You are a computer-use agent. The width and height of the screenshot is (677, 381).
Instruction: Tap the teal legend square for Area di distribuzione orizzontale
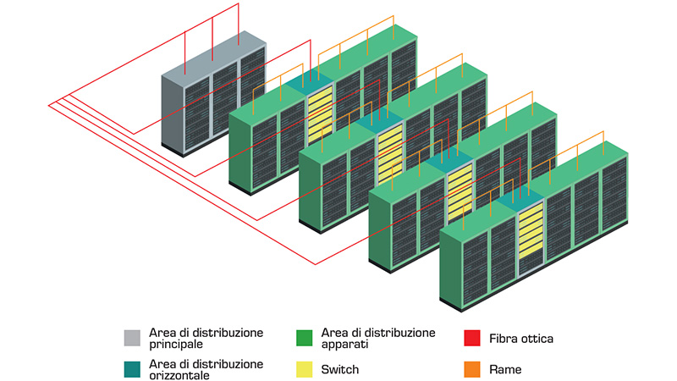(x=132, y=369)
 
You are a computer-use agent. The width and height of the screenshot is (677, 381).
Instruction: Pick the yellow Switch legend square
(x=305, y=369)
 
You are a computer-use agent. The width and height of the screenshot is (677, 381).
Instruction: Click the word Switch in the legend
(x=339, y=369)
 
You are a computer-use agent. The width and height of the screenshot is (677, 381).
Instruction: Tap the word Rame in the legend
(x=505, y=369)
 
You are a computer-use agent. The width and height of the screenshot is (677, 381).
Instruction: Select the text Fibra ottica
(x=521, y=339)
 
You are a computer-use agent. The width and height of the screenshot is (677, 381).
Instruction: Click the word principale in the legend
(x=176, y=345)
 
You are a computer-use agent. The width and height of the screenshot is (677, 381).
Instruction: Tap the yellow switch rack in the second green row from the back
(x=388, y=152)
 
